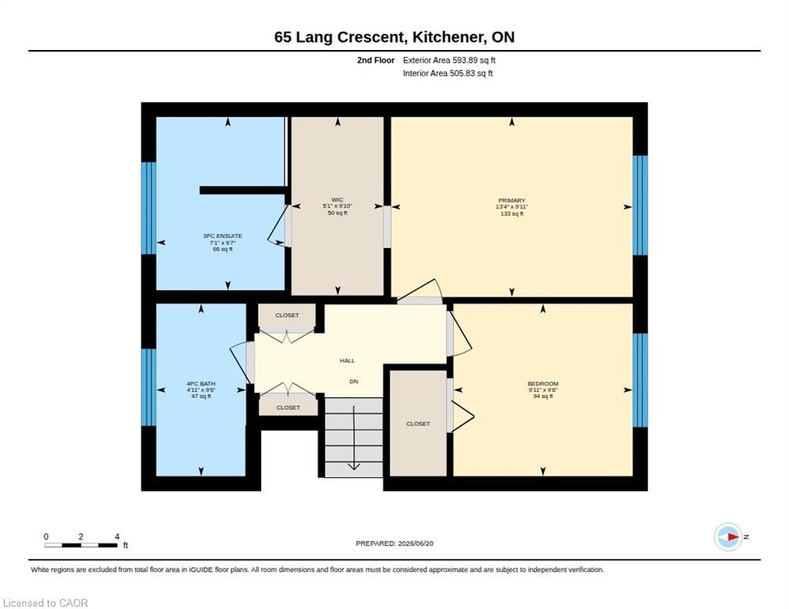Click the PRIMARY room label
tap(512, 200)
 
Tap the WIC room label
tap(337, 200)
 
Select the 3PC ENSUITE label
tap(222, 236)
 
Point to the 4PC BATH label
tap(201, 383)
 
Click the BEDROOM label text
tap(543, 383)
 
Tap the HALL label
tap(347, 361)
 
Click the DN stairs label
tap(354, 381)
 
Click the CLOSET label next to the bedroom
tap(418, 424)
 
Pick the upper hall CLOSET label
tap(287, 316)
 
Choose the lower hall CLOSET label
tap(288, 408)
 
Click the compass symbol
tap(728, 537)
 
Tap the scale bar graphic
tap(81, 545)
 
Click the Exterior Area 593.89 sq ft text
tap(449, 60)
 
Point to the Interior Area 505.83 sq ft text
tap(448, 74)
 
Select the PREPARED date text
tap(394, 544)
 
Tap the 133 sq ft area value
tap(512, 214)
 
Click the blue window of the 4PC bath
tap(149, 387)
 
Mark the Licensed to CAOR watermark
tap(45, 603)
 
